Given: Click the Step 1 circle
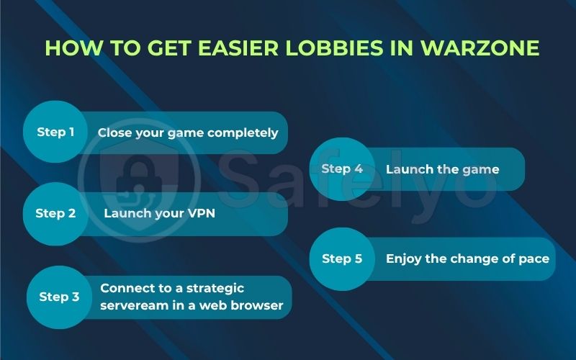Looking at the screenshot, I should [x=55, y=132].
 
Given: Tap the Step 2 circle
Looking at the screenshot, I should [x=55, y=213].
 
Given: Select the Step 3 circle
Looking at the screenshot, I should [x=59, y=297].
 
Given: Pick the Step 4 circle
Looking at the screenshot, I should [x=342, y=169].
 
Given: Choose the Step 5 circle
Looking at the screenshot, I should [x=342, y=259].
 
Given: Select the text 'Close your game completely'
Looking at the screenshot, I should [x=188, y=132].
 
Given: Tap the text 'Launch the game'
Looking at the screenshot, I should [x=442, y=169].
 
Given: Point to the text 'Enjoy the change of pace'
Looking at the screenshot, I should [x=467, y=258].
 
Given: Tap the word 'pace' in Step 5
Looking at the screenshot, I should [x=534, y=258].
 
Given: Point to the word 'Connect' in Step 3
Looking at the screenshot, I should [x=124, y=288].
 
